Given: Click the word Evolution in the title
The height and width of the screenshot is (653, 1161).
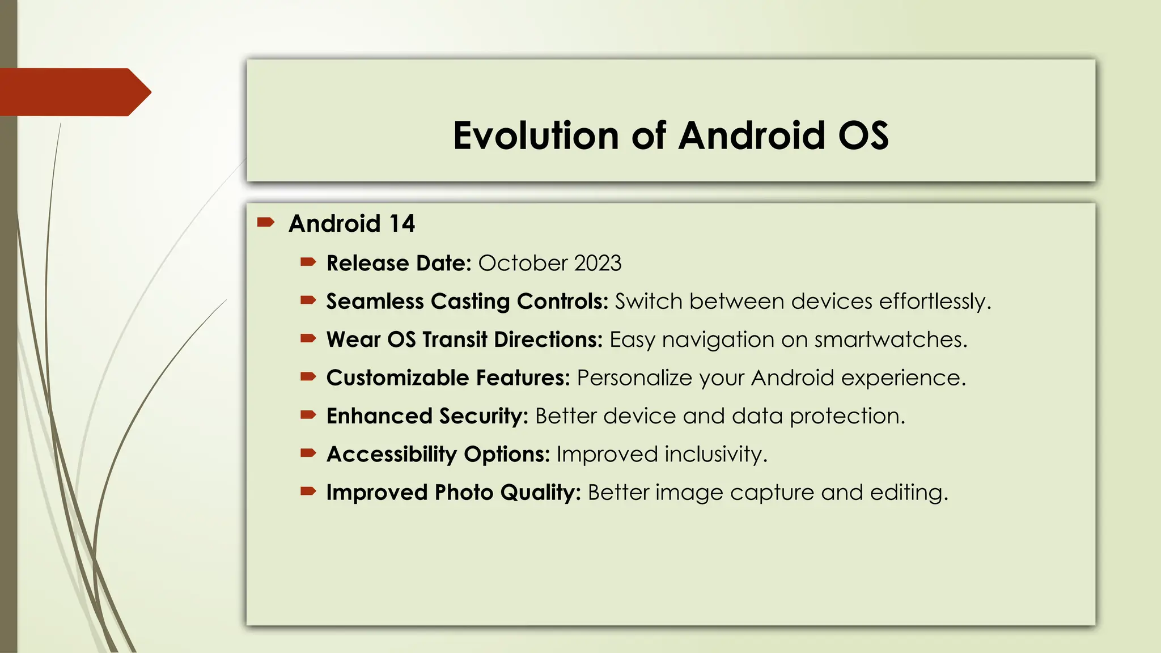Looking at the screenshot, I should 536,136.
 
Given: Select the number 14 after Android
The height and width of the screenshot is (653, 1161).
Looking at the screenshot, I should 402,224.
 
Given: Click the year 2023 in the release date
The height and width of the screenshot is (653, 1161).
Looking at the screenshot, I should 598,264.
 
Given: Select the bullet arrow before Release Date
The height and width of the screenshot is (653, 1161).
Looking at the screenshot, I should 308,262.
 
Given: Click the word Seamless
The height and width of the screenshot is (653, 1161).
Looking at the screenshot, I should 375,302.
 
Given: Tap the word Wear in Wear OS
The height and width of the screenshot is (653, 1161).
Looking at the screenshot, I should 353,340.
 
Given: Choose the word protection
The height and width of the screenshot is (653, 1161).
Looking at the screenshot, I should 848,416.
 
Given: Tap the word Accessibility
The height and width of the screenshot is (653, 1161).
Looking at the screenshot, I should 391,455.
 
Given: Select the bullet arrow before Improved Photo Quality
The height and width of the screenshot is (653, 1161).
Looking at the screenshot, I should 308,491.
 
